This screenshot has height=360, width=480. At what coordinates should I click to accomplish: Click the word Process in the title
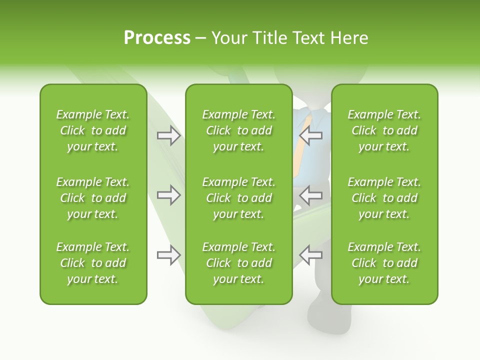pyautogui.click(x=157, y=38)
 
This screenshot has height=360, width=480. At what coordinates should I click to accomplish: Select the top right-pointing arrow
pyautogui.click(x=169, y=135)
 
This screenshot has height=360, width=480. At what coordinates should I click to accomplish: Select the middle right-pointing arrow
pyautogui.click(x=169, y=195)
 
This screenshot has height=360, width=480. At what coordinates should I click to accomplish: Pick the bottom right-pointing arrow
pyautogui.click(x=169, y=255)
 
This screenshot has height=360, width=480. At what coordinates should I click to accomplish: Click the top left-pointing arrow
pyautogui.click(x=311, y=135)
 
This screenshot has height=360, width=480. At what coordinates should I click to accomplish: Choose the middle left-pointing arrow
pyautogui.click(x=311, y=195)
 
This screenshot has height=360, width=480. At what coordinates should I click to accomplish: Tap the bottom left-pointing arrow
pyautogui.click(x=311, y=255)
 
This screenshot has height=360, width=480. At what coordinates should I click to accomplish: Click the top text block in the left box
pyautogui.click(x=93, y=130)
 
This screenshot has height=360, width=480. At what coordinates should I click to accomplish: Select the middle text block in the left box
pyautogui.click(x=93, y=198)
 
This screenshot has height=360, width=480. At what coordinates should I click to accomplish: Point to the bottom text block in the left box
pyautogui.click(x=93, y=263)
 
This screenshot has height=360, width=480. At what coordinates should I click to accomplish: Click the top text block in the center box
pyautogui.click(x=239, y=130)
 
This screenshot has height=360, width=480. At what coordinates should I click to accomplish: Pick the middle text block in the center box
pyautogui.click(x=239, y=198)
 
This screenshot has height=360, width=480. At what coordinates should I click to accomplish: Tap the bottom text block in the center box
pyautogui.click(x=239, y=263)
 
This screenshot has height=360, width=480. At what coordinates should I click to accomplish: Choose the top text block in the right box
pyautogui.click(x=384, y=130)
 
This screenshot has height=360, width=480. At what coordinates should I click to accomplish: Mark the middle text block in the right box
pyautogui.click(x=384, y=198)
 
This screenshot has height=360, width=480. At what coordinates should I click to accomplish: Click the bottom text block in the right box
pyautogui.click(x=384, y=263)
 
